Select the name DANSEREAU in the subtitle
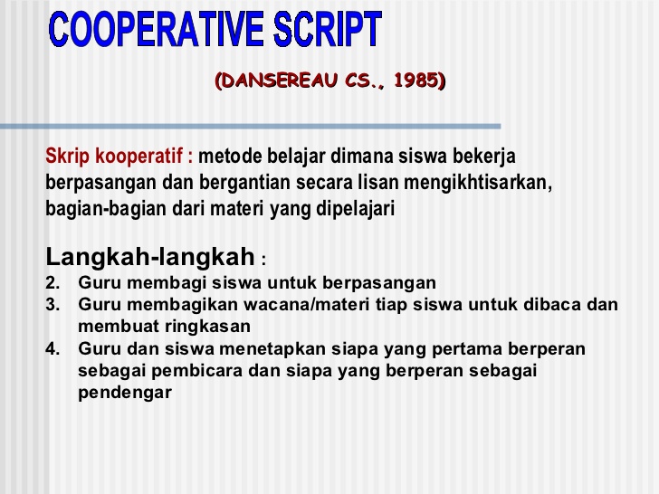[x=277, y=81]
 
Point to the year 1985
[x=418, y=81]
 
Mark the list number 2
[x=53, y=282]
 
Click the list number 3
[x=53, y=305]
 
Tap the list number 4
[x=53, y=349]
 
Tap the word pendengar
[x=125, y=393]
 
